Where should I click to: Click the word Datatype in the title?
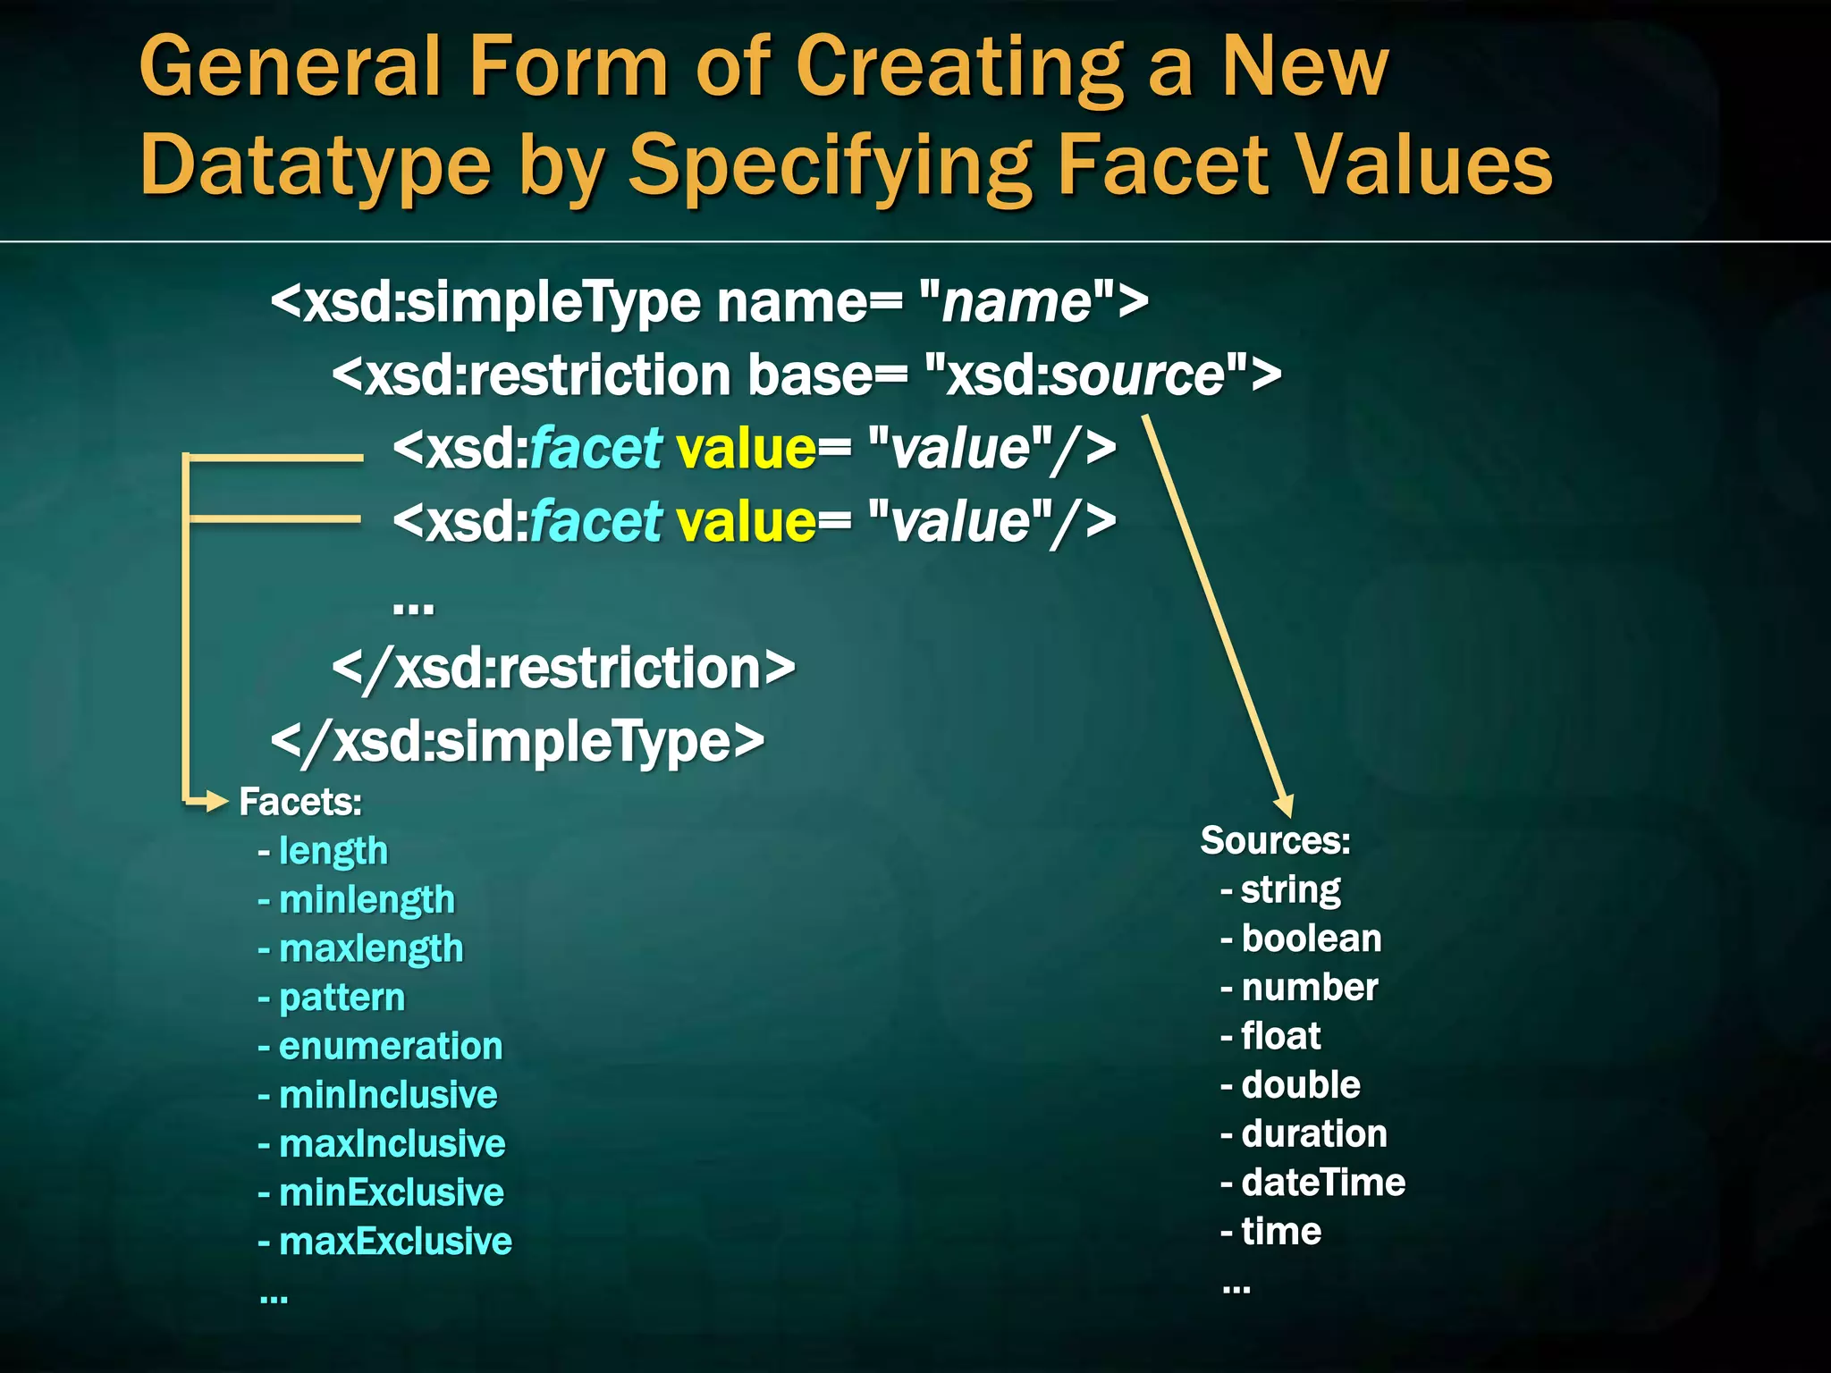point(316,166)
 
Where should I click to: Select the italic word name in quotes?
point(1017,302)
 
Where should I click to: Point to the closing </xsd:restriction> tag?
point(563,669)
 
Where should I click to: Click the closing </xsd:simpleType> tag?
point(518,742)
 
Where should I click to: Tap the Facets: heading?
point(300,802)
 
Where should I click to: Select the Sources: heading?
point(1275,840)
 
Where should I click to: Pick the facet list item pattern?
point(342,998)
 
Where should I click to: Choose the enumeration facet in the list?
point(391,1046)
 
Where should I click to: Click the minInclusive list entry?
point(388,1095)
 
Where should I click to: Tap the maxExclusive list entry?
point(395,1242)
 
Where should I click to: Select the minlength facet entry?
point(367,899)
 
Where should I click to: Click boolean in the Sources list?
point(1311,939)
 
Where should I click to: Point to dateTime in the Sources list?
point(1323,1183)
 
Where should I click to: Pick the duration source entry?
point(1314,1133)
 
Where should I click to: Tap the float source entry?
point(1280,1036)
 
